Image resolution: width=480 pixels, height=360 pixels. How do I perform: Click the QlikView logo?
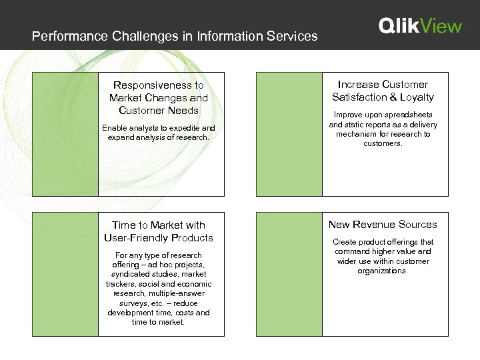click(x=420, y=26)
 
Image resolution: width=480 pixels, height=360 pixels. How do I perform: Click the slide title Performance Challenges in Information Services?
click(x=175, y=36)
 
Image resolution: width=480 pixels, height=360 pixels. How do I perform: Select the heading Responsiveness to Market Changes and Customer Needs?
click(x=159, y=98)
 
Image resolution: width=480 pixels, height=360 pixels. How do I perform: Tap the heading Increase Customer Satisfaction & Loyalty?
click(x=383, y=91)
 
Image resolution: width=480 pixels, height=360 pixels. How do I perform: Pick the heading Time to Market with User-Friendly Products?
click(x=159, y=231)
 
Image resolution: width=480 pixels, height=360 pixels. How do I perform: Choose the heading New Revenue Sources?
click(x=383, y=225)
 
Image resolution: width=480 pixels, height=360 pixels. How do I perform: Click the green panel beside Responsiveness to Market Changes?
click(x=65, y=134)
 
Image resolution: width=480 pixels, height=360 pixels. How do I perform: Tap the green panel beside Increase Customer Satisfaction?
click(x=289, y=134)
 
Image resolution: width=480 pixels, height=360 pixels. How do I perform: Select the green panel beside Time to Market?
click(x=65, y=274)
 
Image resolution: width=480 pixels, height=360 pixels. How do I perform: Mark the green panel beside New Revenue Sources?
click(x=289, y=274)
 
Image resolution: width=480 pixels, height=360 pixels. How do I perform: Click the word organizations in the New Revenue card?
click(x=383, y=271)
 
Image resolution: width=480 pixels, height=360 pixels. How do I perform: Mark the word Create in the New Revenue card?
click(x=345, y=242)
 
